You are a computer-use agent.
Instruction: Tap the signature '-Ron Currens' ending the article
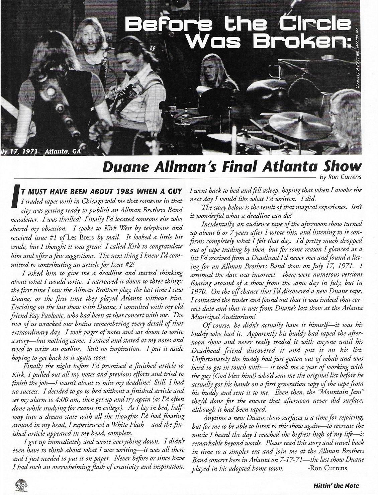coord(327,468)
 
